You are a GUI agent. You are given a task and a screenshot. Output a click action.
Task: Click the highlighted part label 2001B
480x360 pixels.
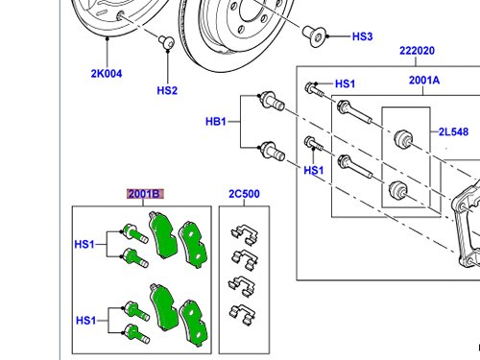145,194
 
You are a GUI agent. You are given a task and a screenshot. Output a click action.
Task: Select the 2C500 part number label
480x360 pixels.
244,194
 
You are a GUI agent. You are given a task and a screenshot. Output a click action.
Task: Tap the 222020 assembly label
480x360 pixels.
417,51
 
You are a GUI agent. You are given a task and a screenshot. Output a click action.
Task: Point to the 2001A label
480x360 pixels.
424,80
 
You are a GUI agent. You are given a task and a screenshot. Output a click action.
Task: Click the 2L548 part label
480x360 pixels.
453,132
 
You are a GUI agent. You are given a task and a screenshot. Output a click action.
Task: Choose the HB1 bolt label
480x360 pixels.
216,122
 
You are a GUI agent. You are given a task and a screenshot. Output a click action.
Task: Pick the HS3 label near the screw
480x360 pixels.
362,36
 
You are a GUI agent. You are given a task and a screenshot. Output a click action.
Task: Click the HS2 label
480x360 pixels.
167,90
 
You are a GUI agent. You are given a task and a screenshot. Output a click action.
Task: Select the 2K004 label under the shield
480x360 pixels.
107,74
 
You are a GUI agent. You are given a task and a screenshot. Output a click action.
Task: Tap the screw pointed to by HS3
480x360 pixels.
314,36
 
